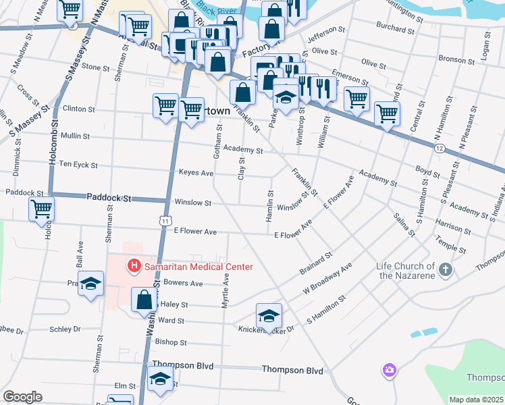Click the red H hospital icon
coord(134,267)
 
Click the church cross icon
coord(445,270)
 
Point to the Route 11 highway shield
coord(165,220)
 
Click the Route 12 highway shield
coord(440,148)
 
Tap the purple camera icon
coord(389,370)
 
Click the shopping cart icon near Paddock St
coord(42,209)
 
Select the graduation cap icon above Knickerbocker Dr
coord(269,315)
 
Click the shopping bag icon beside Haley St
coord(144,300)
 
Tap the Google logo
coord(22,397)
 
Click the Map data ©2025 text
coord(476,400)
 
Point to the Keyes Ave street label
coord(196,173)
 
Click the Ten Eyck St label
coord(79,165)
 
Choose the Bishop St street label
coord(170,342)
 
